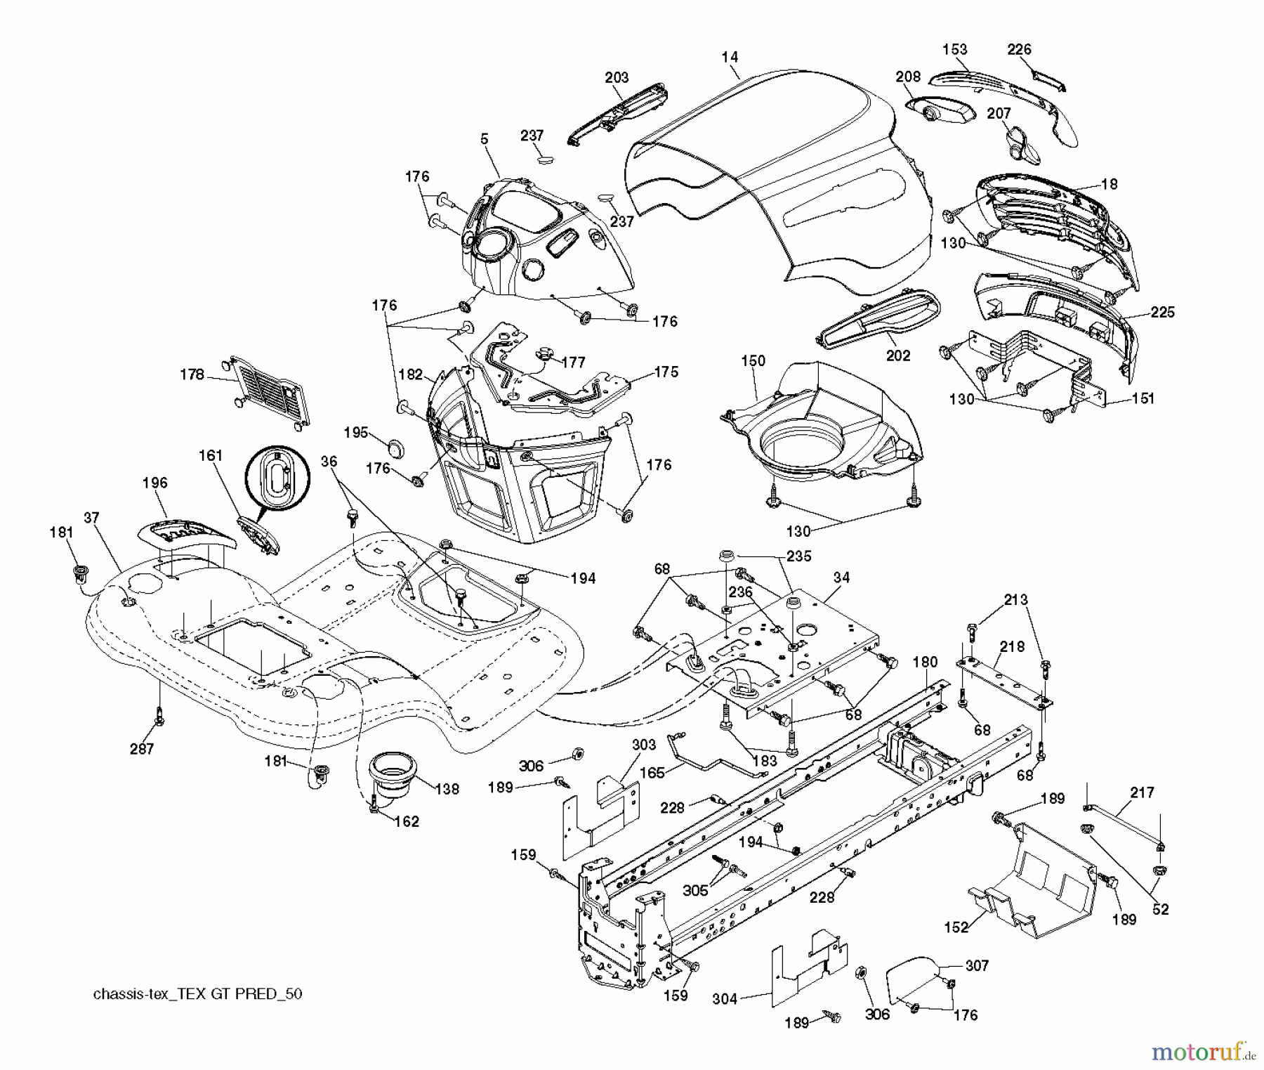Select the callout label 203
coord(617,77)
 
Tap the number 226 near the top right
coord(1019,49)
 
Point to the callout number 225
coord(1162,312)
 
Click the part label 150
coord(753,360)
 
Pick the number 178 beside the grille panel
coord(191,374)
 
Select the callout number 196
coord(154,483)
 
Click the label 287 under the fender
coord(142,749)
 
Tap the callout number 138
coord(447,789)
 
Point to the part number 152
coord(956,927)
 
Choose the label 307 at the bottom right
coord(977,966)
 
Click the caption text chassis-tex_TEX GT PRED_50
coord(197,994)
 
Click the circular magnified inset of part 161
coord(277,478)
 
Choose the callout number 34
coord(841,578)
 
